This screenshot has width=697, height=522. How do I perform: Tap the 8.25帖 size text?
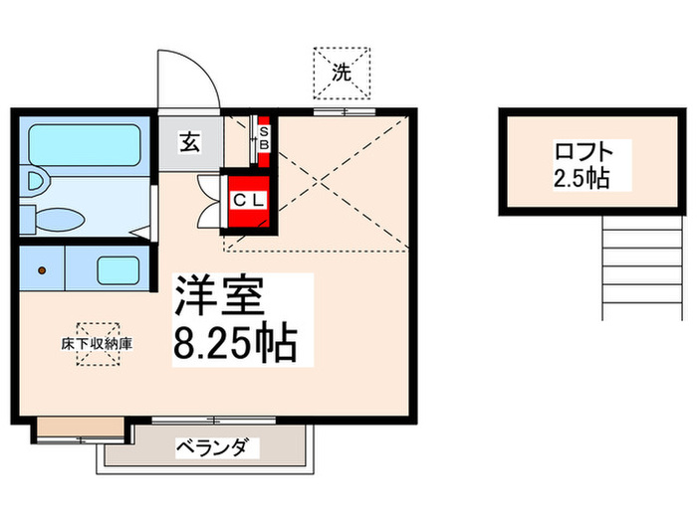(235, 344)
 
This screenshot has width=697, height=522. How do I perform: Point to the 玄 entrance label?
(190, 142)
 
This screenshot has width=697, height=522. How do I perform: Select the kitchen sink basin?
(116, 269)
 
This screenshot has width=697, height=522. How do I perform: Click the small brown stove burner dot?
(42, 270)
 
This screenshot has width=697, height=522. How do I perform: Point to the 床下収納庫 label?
(98, 343)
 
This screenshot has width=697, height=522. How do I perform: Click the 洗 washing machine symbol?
(341, 73)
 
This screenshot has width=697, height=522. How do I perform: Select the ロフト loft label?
(579, 154)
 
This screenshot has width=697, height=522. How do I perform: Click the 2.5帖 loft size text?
(579, 180)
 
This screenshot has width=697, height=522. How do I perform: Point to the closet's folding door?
(210, 199)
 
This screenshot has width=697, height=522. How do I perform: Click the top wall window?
(332, 111)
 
